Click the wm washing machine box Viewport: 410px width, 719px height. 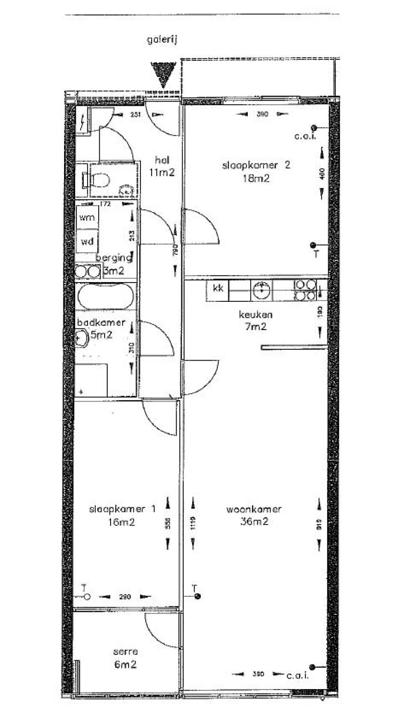(87, 218)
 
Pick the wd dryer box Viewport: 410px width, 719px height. (87, 241)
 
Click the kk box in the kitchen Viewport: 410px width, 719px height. (218, 289)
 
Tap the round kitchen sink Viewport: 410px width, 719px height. (261, 290)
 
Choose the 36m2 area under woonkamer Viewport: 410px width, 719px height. (254, 522)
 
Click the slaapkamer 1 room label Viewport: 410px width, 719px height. (122, 509)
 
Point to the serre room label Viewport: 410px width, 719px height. (126, 652)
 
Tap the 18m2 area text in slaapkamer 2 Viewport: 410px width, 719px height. (255, 178)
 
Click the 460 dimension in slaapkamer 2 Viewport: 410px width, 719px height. (322, 174)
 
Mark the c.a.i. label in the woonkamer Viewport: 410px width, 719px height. (297, 675)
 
